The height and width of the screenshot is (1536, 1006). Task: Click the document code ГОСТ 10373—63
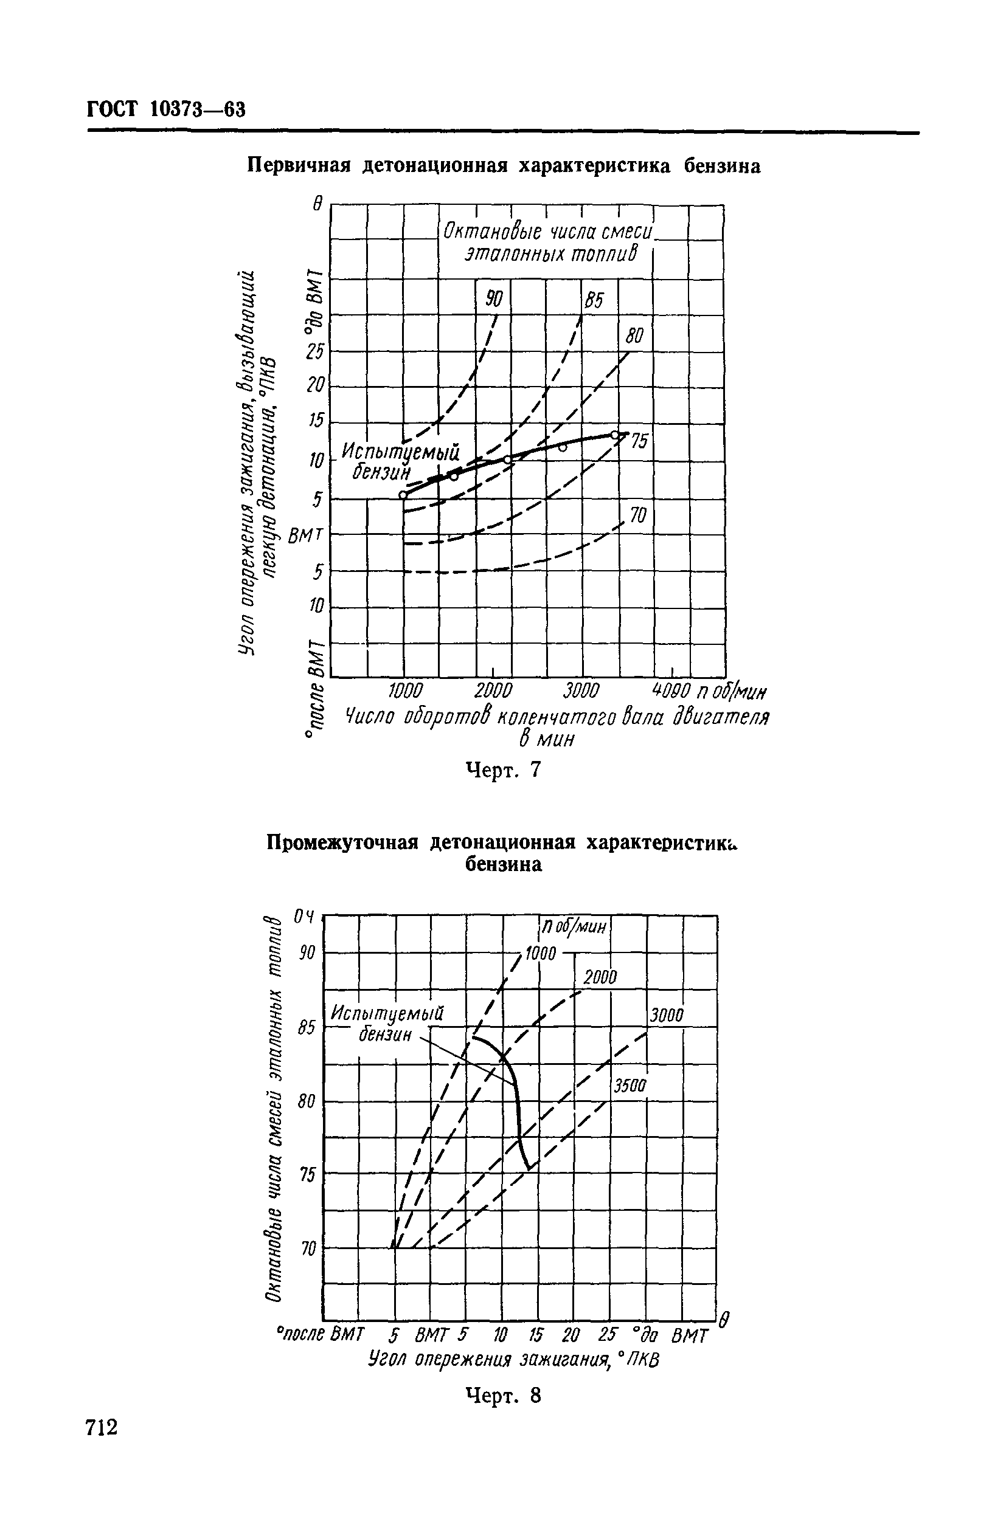click(166, 108)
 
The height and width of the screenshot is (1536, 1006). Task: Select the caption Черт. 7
click(502, 770)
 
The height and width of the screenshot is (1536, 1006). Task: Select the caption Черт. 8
click(502, 1396)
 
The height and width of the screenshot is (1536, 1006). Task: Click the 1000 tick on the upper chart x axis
click(405, 691)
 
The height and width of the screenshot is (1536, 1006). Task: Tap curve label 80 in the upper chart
click(635, 336)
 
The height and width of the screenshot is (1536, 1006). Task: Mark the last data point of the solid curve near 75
click(615, 435)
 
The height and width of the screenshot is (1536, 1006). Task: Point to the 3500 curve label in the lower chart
click(629, 1086)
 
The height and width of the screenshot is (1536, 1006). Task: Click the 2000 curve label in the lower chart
click(600, 979)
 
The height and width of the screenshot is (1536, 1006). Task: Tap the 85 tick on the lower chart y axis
click(306, 1026)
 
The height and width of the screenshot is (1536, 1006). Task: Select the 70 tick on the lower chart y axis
click(307, 1249)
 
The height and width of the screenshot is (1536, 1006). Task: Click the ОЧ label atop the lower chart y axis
click(304, 917)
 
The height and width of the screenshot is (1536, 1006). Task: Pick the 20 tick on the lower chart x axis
click(571, 1334)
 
